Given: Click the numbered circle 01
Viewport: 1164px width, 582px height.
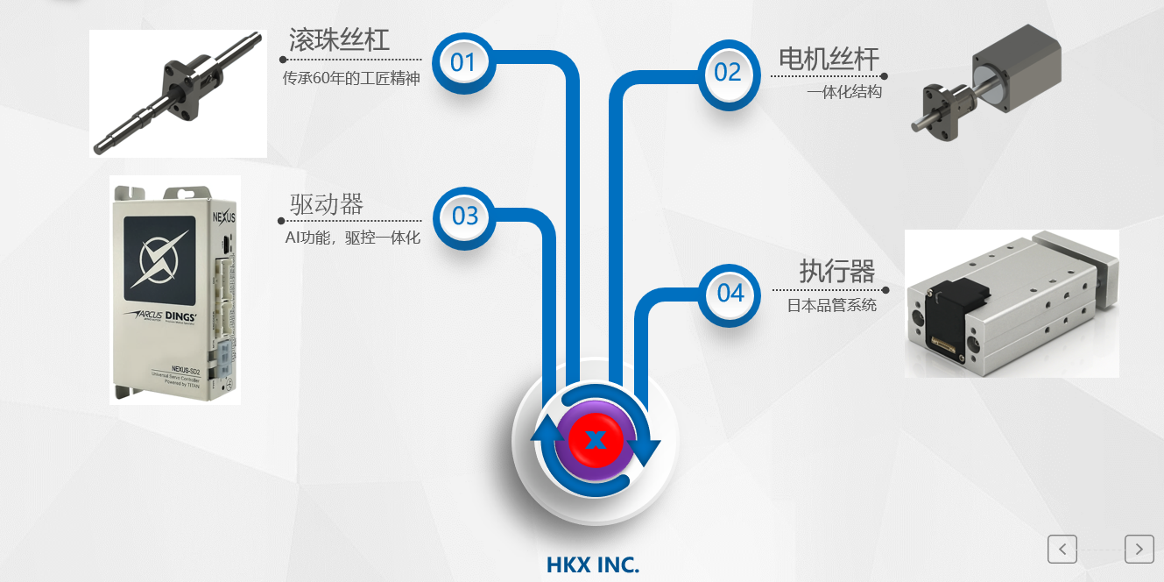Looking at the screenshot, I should [x=462, y=63].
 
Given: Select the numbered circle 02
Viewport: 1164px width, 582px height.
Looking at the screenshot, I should [x=728, y=73].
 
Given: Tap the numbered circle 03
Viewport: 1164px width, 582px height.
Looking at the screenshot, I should [x=465, y=216].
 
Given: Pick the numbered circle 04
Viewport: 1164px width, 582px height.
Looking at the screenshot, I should [x=730, y=294].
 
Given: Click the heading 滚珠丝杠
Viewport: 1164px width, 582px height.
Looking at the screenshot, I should [x=340, y=39].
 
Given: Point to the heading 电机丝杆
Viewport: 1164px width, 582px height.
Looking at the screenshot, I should [x=829, y=59].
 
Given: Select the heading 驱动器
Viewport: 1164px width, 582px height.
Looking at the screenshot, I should [x=327, y=204].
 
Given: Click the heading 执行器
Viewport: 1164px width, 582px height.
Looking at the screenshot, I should [x=836, y=272].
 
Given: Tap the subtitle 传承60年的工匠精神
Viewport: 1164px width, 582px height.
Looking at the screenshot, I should [x=351, y=79].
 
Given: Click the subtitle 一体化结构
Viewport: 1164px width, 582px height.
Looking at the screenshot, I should [x=844, y=91].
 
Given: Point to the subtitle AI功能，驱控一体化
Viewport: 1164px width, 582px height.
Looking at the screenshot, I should [x=353, y=238].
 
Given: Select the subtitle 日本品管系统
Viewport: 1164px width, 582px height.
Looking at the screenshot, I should [x=831, y=306].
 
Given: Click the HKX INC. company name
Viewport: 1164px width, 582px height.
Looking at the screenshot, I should [x=593, y=565].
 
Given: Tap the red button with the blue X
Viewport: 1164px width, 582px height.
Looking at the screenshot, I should [x=596, y=438].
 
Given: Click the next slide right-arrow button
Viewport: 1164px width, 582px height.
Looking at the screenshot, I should [x=1139, y=549].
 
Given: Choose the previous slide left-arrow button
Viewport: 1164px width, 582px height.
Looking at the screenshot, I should [x=1062, y=549].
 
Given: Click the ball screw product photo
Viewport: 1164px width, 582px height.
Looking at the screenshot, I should [x=179, y=94].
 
